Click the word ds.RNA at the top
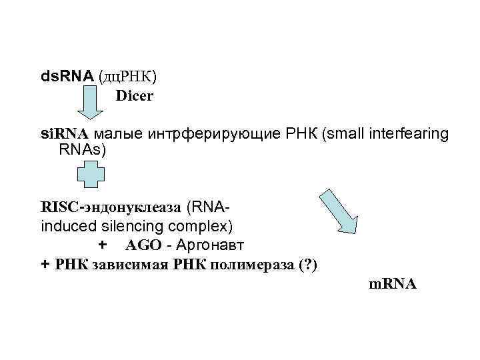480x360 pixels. tap(67, 77)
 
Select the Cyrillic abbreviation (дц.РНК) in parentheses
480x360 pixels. tap(128, 77)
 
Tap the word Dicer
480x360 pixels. tap(135, 96)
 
